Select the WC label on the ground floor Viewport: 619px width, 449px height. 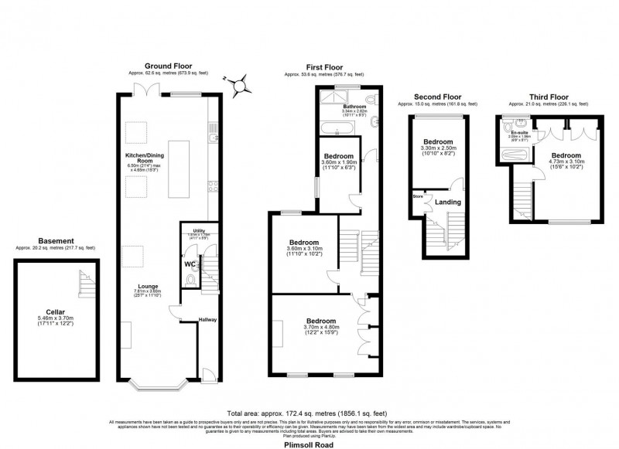190,264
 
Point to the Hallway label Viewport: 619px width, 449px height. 208,319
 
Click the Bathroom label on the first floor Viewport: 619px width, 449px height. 355,106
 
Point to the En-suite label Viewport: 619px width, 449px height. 518,132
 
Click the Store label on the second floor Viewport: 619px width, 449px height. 418,196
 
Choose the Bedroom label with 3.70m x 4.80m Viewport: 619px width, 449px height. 320,321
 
